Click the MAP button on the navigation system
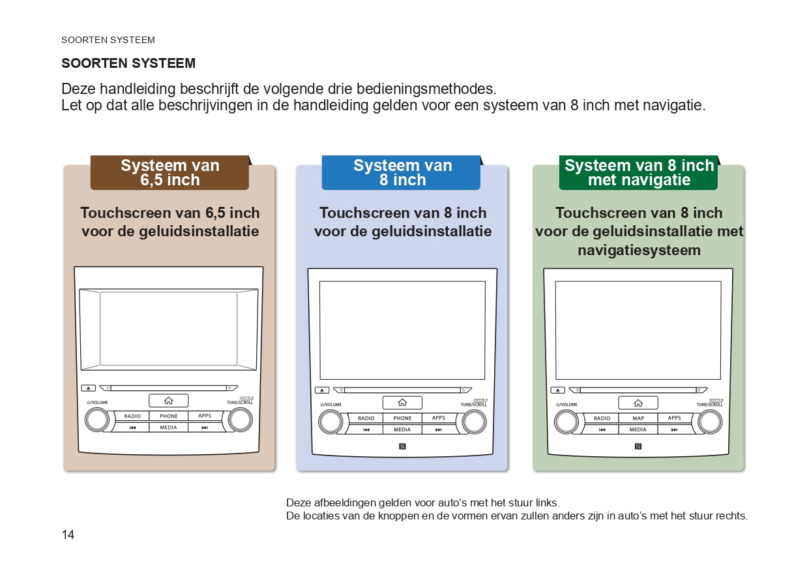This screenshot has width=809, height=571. (x=638, y=418)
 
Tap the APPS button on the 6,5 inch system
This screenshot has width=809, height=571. (x=205, y=416)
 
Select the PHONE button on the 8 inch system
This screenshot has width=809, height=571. (x=402, y=418)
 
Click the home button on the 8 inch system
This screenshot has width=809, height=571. (x=402, y=403)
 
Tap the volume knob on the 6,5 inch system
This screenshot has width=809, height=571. (x=96, y=420)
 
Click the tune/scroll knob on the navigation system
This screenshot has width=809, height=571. (x=709, y=422)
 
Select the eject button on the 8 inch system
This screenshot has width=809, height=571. (x=322, y=390)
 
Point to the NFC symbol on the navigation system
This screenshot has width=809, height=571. (x=638, y=446)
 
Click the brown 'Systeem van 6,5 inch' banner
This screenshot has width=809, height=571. (x=169, y=173)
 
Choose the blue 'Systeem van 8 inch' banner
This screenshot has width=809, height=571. (x=402, y=173)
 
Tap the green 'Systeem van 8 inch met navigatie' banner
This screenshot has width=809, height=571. (x=638, y=173)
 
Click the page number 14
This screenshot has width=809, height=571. (x=68, y=535)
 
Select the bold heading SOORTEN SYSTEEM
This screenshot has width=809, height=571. (x=128, y=63)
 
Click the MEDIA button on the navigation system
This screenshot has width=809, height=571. (x=638, y=429)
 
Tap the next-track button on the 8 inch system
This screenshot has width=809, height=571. (x=439, y=429)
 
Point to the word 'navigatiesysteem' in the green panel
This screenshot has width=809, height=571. (x=638, y=250)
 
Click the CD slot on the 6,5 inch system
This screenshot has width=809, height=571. (x=169, y=388)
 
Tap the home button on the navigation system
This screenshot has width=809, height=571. (x=638, y=403)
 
